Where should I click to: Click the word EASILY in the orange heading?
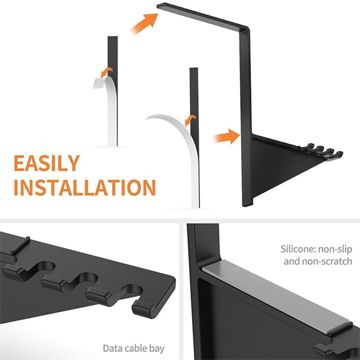[47, 163]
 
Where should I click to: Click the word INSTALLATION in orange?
[85, 187]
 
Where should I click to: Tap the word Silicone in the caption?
[295, 249]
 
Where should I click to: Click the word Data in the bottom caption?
[112, 348]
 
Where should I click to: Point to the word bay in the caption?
[157, 349]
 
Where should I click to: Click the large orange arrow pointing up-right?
[144, 24]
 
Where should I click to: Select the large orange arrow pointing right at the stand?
[227, 136]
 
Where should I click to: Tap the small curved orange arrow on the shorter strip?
[107, 72]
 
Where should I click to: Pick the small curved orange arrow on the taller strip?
[190, 120]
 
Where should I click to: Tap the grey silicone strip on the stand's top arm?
[200, 16]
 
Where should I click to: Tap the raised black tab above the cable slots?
[20, 245]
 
